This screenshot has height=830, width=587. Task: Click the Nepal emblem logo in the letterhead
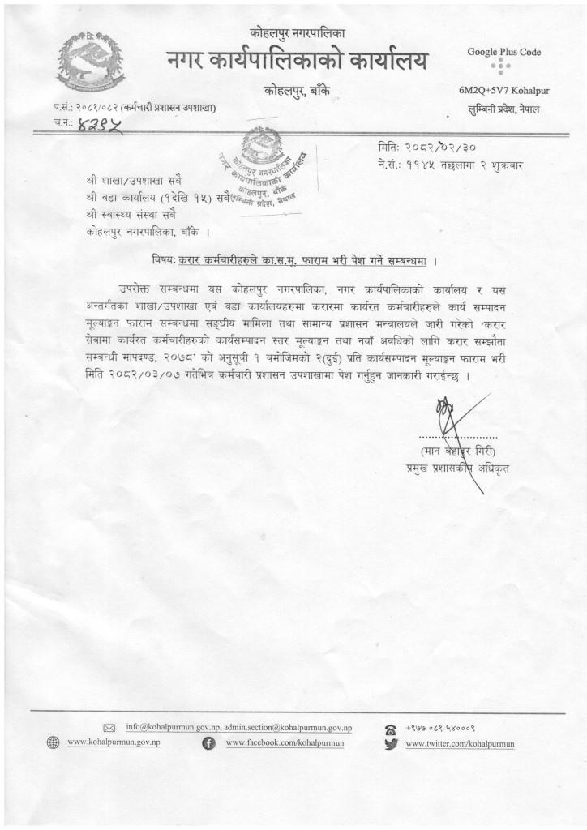point(79,62)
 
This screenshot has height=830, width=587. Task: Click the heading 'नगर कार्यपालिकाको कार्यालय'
point(297,60)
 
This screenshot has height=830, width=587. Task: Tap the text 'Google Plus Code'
point(503,52)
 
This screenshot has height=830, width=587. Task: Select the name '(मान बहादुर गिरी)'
point(456,451)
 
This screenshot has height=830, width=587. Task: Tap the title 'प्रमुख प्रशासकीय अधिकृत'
point(458,468)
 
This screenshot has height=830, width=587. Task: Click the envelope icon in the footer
point(111,728)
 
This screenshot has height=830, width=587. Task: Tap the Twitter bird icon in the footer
point(391,743)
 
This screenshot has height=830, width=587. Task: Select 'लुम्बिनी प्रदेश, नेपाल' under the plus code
point(503,109)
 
